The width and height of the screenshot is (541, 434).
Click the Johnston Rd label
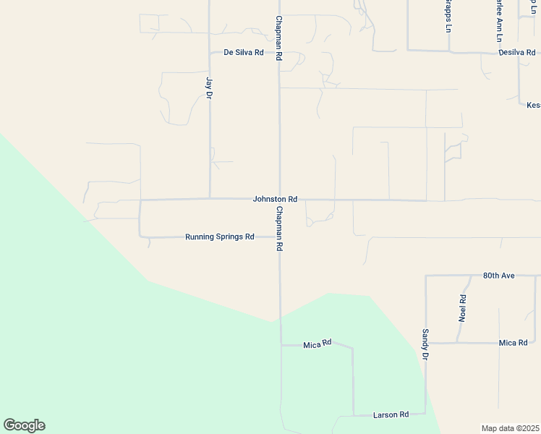pos(275,199)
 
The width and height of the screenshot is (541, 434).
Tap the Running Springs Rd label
pos(220,237)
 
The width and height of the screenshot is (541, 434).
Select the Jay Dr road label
pos(210,88)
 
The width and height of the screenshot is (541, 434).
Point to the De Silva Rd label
pos(243,53)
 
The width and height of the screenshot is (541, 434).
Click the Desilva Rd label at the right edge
pos(517,52)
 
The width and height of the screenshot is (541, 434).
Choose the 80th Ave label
pos(498,276)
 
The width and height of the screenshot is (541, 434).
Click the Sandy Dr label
pos(425,344)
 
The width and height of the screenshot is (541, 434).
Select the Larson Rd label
pos(391,414)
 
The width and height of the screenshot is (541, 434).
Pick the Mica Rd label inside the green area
pos(317,342)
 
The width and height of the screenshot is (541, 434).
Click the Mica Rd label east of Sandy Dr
pos(513,342)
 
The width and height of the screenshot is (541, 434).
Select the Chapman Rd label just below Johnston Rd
pos(279,227)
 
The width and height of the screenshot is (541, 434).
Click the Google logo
pos(24,425)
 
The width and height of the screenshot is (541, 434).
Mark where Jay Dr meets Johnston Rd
pos(210,198)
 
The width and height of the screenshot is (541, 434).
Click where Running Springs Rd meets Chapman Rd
pos(280,237)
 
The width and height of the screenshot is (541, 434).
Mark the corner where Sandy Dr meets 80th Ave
pos(425,276)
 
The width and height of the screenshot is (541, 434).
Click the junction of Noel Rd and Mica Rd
pos(457,342)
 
